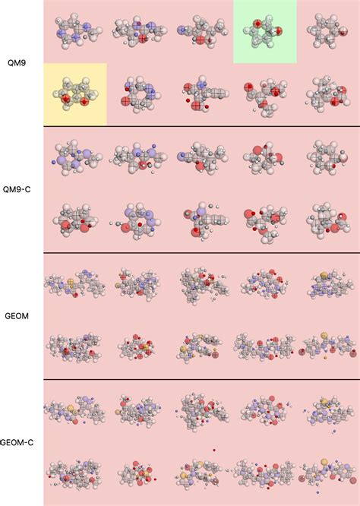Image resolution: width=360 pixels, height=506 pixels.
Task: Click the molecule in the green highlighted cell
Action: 264,31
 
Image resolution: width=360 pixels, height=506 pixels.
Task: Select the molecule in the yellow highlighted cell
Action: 74,94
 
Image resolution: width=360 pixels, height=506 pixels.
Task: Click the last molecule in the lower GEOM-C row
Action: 327,474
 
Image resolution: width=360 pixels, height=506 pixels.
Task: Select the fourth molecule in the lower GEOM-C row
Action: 264,474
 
